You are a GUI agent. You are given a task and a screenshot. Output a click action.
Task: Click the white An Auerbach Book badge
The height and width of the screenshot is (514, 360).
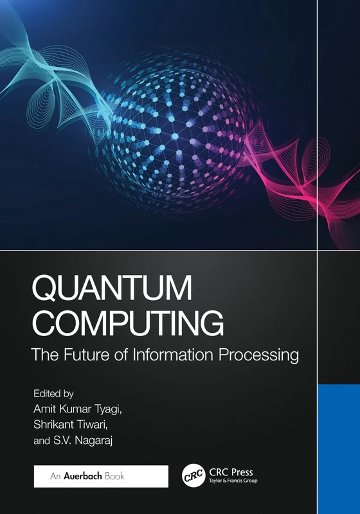point(100,476)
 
